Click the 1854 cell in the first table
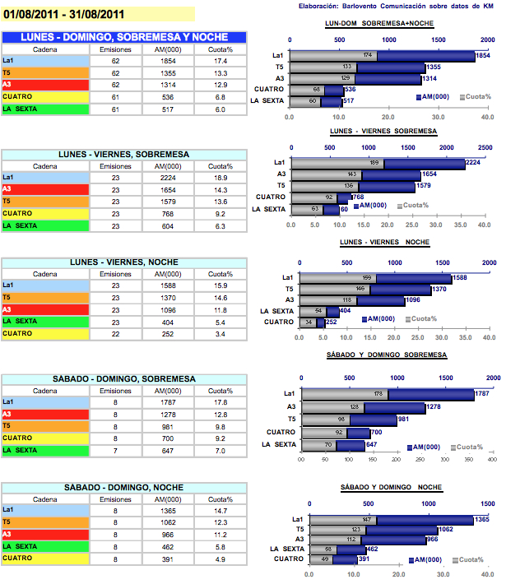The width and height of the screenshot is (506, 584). pos(169,62)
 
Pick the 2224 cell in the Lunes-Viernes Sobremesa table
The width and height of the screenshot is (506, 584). pos(169,178)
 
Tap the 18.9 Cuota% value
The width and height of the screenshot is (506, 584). pos(221,178)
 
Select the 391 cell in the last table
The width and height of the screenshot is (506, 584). pos(169,559)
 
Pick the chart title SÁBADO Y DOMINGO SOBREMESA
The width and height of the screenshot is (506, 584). pos(388,355)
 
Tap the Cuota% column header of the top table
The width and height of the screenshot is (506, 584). pos(221,50)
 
